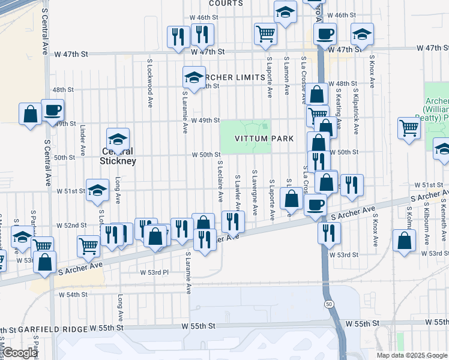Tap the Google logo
(x=19, y=353)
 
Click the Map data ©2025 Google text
(x=412, y=355)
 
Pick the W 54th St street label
(x=73, y=295)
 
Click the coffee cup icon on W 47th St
(x=325, y=34)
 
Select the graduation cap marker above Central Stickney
(x=118, y=139)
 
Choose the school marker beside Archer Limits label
(x=194, y=76)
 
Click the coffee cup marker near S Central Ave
(x=52, y=110)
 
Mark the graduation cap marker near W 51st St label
(x=97, y=190)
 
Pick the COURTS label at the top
(x=226, y=3)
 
